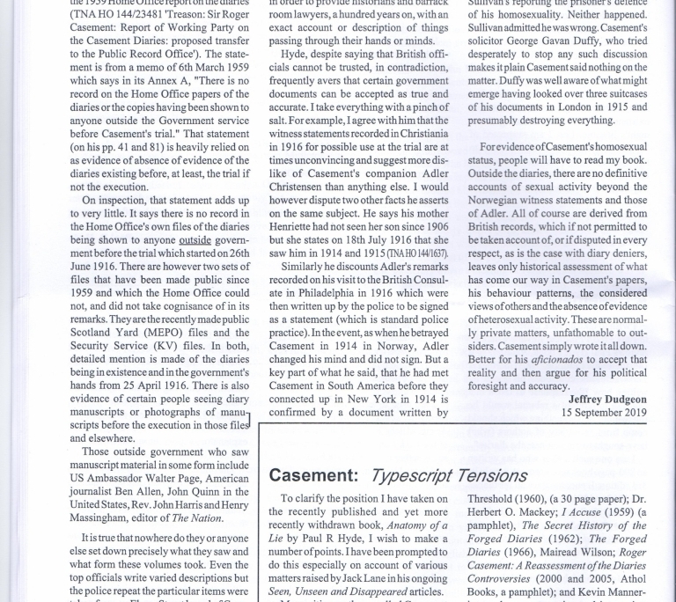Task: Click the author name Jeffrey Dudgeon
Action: (607, 399)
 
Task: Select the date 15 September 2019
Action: (604, 412)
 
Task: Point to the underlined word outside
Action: (195, 240)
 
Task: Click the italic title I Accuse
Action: (573, 512)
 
